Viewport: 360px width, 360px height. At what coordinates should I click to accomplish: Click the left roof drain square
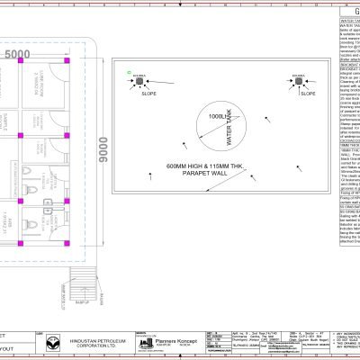(141, 83)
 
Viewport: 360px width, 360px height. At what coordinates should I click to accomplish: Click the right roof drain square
(300, 83)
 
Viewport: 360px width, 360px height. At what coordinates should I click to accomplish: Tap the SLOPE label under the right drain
(306, 93)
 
